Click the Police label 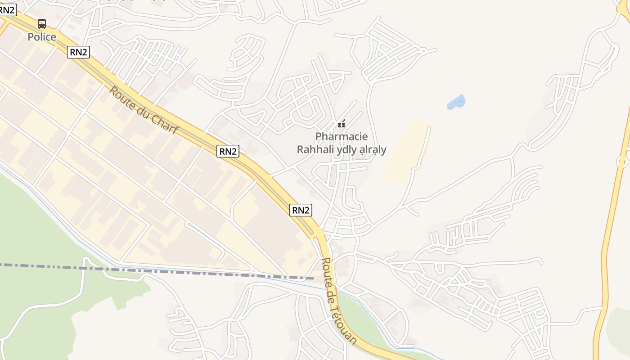(42, 37)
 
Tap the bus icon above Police (42, 24)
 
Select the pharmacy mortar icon (342, 124)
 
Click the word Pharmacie (342, 136)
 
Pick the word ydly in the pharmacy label (346, 149)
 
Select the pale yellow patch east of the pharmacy (407, 153)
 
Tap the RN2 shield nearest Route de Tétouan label (301, 210)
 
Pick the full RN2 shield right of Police (78, 52)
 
